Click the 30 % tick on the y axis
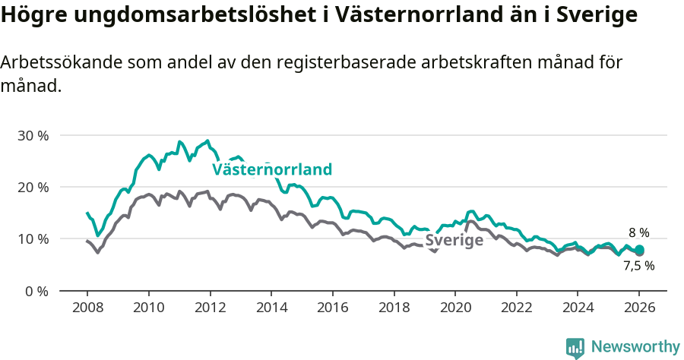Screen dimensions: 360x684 [x=33, y=135]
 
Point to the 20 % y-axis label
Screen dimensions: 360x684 [x=33, y=187]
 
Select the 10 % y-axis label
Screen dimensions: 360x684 [x=33, y=239]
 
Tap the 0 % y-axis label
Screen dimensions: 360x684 [x=36, y=291]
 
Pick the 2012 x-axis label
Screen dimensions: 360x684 [x=210, y=308]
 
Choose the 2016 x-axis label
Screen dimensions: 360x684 [x=332, y=308]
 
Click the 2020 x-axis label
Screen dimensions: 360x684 [x=454, y=308]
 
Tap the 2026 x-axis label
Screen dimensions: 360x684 [x=639, y=308]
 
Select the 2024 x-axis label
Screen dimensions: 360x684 [x=578, y=308]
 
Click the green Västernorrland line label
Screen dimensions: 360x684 [x=272, y=169]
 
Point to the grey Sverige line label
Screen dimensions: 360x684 [x=454, y=241]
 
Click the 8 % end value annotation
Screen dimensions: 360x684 [x=638, y=233]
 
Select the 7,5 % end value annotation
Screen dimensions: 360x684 [x=638, y=266]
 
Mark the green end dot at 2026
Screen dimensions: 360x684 [x=639, y=250]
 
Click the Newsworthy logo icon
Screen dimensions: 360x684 [x=575, y=347]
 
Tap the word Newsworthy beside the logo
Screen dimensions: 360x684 [x=635, y=347]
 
